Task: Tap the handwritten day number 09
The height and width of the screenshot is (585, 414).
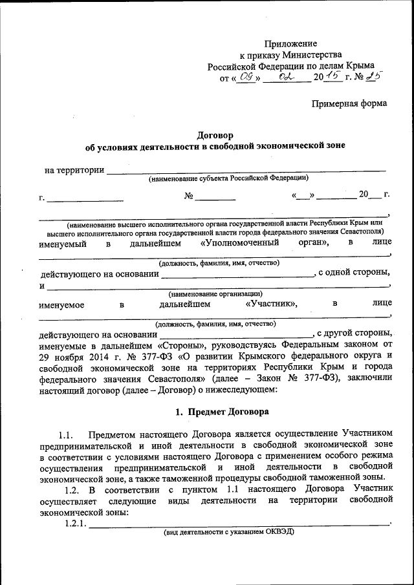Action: coord(246,77)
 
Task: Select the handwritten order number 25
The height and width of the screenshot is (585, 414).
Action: coord(373,76)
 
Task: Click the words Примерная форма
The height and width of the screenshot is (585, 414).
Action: coord(349,103)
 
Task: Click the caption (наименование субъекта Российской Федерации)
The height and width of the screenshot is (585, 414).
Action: coord(228,178)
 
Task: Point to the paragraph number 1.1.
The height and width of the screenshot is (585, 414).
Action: coord(67,432)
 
